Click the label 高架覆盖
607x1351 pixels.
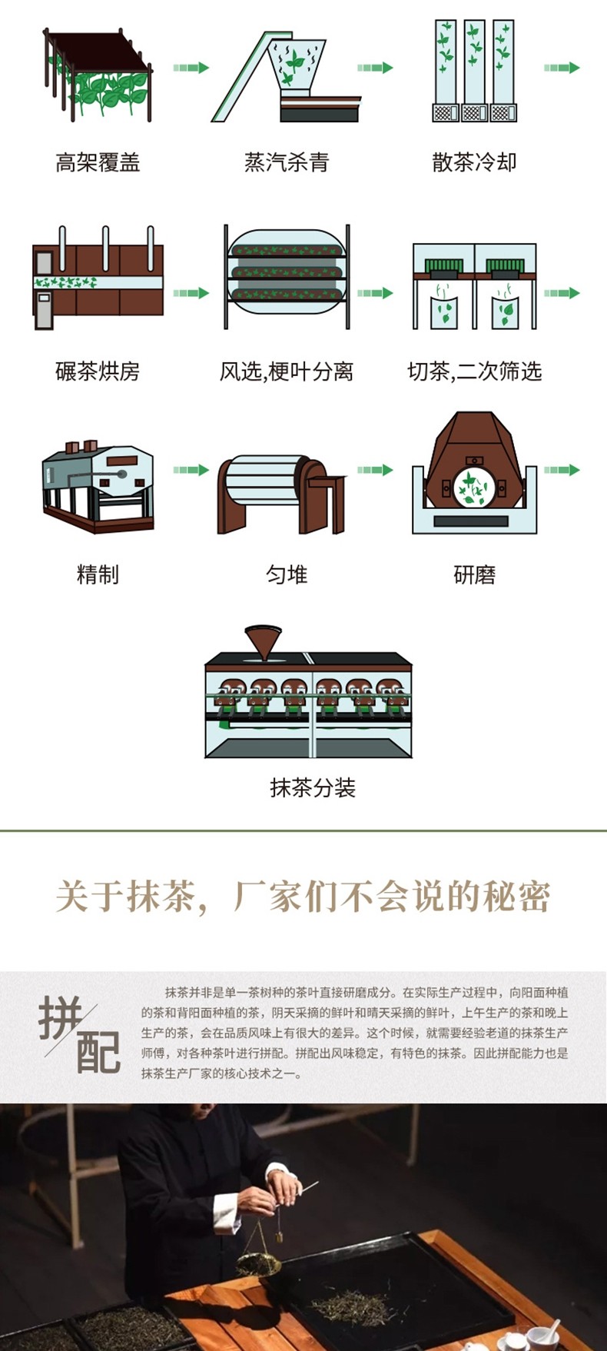pyautogui.click(x=98, y=162)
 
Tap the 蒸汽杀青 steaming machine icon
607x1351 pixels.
pyautogui.click(x=286, y=77)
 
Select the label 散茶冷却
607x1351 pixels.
pyautogui.click(x=474, y=162)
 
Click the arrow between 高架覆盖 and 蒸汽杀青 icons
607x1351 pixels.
pyautogui.click(x=191, y=68)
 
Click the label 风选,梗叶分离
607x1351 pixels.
pyautogui.click(x=286, y=372)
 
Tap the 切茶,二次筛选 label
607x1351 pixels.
pyautogui.click(x=474, y=372)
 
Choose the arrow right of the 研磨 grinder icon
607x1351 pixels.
pyautogui.click(x=562, y=470)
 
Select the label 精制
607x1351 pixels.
pyautogui.click(x=98, y=574)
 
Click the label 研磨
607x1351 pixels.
pyautogui.click(x=474, y=574)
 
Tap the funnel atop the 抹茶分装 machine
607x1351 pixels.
pyautogui.click(x=264, y=642)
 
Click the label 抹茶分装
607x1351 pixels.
pyautogui.click(x=313, y=787)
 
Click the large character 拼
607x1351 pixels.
pyautogui.click(x=60, y=1019)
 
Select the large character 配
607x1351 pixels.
pyautogui.click(x=98, y=1051)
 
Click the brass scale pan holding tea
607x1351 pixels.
pyautogui.click(x=257, y=1263)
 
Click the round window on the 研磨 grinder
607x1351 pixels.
pyautogui.click(x=473, y=487)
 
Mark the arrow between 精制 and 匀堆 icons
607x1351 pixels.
pyautogui.click(x=191, y=470)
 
